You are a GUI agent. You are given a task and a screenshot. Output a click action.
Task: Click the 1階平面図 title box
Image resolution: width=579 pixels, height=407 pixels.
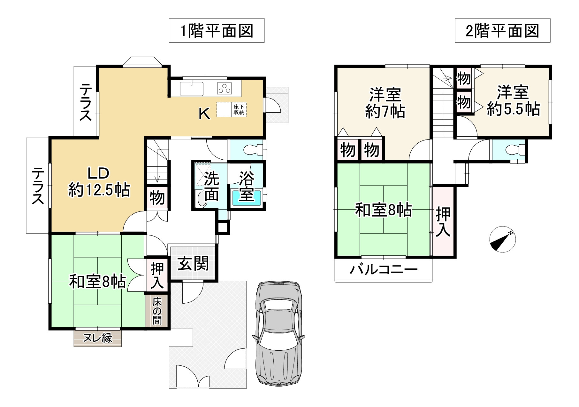pos(217,31)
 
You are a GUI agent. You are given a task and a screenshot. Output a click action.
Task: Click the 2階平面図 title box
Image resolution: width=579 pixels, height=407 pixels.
pos(502,31)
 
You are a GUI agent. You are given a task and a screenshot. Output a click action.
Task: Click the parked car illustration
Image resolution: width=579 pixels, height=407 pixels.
pos(278,333)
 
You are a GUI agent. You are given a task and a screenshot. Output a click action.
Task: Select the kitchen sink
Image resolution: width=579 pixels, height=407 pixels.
pos(192,89)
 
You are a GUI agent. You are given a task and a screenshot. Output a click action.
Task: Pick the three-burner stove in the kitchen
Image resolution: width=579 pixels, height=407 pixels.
pos(225,88)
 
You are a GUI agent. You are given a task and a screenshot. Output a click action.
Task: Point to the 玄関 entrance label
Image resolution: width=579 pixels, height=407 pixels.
pos(193,264)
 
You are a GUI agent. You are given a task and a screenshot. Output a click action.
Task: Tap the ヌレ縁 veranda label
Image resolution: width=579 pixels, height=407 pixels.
pos(97,338)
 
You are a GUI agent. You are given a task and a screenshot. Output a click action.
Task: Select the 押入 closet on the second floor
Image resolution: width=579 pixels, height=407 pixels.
pos(443,222)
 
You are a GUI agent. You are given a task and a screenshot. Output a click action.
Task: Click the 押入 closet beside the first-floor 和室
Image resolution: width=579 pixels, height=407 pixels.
pos(157,275)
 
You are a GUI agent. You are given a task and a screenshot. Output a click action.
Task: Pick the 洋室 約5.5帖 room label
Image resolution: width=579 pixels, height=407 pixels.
pos(513,100)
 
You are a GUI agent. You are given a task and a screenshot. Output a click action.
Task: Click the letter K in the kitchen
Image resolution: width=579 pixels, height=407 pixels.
pos(204,113)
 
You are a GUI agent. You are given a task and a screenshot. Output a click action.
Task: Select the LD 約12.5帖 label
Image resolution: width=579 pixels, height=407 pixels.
pos(99,182)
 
